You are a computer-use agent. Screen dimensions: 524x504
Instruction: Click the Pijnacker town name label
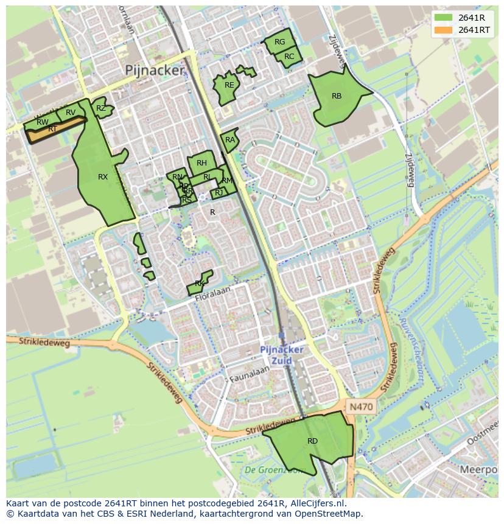click(x=154, y=71)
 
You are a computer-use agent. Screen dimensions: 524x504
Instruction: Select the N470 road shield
click(x=361, y=406)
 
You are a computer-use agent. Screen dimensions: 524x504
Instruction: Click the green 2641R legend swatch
click(x=444, y=18)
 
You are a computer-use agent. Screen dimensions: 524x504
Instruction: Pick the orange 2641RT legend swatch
click(x=444, y=30)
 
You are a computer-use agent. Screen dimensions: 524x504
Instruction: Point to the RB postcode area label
click(x=337, y=96)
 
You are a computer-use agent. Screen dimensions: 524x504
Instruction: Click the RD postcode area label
click(x=312, y=441)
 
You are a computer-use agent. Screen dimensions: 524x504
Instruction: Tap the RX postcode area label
click(x=103, y=177)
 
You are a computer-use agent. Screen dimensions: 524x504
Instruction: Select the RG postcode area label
click(x=279, y=42)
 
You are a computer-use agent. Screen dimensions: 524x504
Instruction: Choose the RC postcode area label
click(x=289, y=57)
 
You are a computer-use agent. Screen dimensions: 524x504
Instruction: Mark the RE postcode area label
click(x=229, y=85)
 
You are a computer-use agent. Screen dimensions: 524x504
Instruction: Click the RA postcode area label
click(x=229, y=140)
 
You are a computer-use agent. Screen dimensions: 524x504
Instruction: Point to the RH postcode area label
click(x=201, y=163)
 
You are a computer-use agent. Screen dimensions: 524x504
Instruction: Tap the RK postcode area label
click(x=199, y=284)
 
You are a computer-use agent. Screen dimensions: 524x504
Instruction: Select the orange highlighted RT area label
click(x=52, y=129)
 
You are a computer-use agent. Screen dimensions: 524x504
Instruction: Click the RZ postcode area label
click(x=101, y=108)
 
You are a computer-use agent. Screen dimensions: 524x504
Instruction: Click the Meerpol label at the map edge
click(x=479, y=470)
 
